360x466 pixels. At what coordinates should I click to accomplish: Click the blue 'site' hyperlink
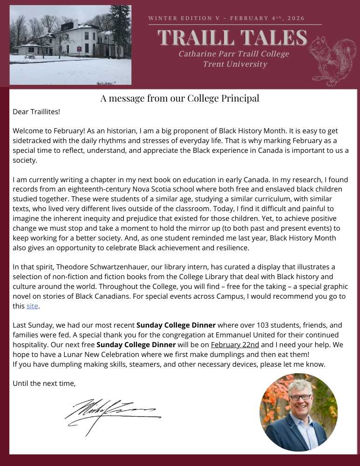(32, 306)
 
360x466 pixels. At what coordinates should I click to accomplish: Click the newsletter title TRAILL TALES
(232, 38)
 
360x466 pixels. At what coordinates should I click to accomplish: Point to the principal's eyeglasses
(300, 397)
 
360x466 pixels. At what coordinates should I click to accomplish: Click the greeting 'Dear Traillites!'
(36, 112)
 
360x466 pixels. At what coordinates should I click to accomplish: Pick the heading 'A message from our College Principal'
(180, 98)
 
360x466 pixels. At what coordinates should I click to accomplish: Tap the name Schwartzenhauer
(102, 267)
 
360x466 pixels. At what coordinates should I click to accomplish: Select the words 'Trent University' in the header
(235, 64)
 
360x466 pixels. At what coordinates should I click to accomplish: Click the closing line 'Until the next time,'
(44, 384)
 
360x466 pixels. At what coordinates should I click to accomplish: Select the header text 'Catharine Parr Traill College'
(233, 54)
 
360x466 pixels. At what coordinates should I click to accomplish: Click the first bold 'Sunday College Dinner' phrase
(176, 325)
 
